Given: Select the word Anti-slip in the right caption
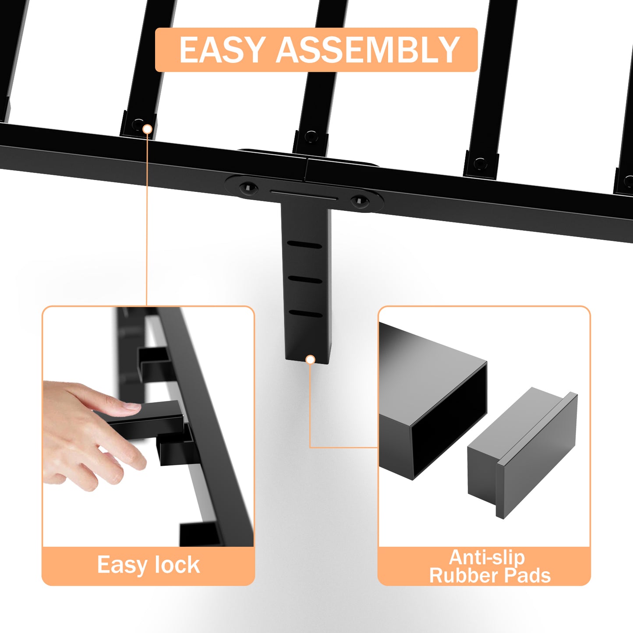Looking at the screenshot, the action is pyautogui.click(x=487, y=557).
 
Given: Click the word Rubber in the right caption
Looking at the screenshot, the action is pyautogui.click(x=464, y=576).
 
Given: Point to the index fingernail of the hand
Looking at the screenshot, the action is pyautogui.click(x=132, y=407).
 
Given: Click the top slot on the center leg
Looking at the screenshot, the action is pyautogui.click(x=304, y=245).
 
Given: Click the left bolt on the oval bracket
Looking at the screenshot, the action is pyautogui.click(x=248, y=188).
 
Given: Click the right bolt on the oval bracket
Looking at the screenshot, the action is pyautogui.click(x=360, y=200).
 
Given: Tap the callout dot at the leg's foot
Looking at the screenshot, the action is pyautogui.click(x=310, y=360).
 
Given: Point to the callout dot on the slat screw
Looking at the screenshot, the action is pyautogui.click(x=148, y=129).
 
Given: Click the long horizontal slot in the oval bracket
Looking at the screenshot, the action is pyautogui.click(x=304, y=194).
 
